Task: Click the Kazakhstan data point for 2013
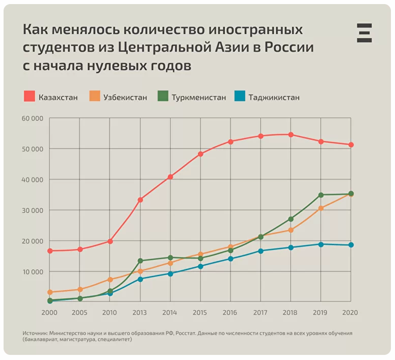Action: click(140, 200)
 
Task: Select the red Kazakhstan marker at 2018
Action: click(291, 135)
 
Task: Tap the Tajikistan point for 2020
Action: click(351, 245)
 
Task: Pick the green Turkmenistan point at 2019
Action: click(321, 195)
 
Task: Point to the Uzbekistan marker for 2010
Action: click(110, 280)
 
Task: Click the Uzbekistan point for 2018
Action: click(291, 230)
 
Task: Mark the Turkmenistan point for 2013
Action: click(140, 261)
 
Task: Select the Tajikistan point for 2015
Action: click(200, 266)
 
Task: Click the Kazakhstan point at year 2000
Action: click(50, 251)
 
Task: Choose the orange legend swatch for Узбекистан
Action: click(95, 96)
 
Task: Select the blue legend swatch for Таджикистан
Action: click(240, 96)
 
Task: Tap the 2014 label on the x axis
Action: click(170, 312)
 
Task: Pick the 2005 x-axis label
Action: click(80, 312)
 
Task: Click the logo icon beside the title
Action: click(364, 33)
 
